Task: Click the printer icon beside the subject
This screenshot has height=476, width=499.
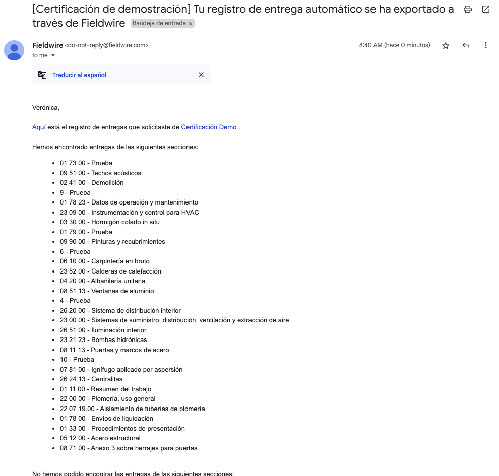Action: (x=468, y=9)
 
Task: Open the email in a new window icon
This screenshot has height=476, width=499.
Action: (x=486, y=9)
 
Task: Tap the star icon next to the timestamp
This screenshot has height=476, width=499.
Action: (x=446, y=46)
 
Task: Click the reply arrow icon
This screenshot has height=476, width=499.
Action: (x=466, y=46)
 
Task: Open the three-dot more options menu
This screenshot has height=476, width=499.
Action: (x=486, y=46)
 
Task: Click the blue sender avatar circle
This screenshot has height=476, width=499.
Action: (x=14, y=50)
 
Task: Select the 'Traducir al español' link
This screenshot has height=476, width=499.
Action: (x=79, y=75)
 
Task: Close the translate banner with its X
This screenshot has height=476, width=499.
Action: (x=201, y=75)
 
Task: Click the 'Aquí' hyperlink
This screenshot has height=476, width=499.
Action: (x=39, y=127)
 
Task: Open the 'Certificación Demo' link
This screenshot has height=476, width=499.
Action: (x=209, y=127)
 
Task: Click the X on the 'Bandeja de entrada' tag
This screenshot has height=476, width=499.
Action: (x=191, y=24)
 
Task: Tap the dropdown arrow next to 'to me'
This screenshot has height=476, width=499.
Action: (x=53, y=56)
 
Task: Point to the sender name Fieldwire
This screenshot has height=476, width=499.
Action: (x=47, y=45)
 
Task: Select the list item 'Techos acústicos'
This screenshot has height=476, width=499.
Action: (x=116, y=173)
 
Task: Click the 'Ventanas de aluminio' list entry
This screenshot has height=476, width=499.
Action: (x=122, y=291)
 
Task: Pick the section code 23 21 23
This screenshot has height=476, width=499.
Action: (x=73, y=340)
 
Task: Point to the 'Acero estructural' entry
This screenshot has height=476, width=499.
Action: (x=115, y=438)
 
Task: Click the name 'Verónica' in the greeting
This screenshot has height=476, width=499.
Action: (x=45, y=107)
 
